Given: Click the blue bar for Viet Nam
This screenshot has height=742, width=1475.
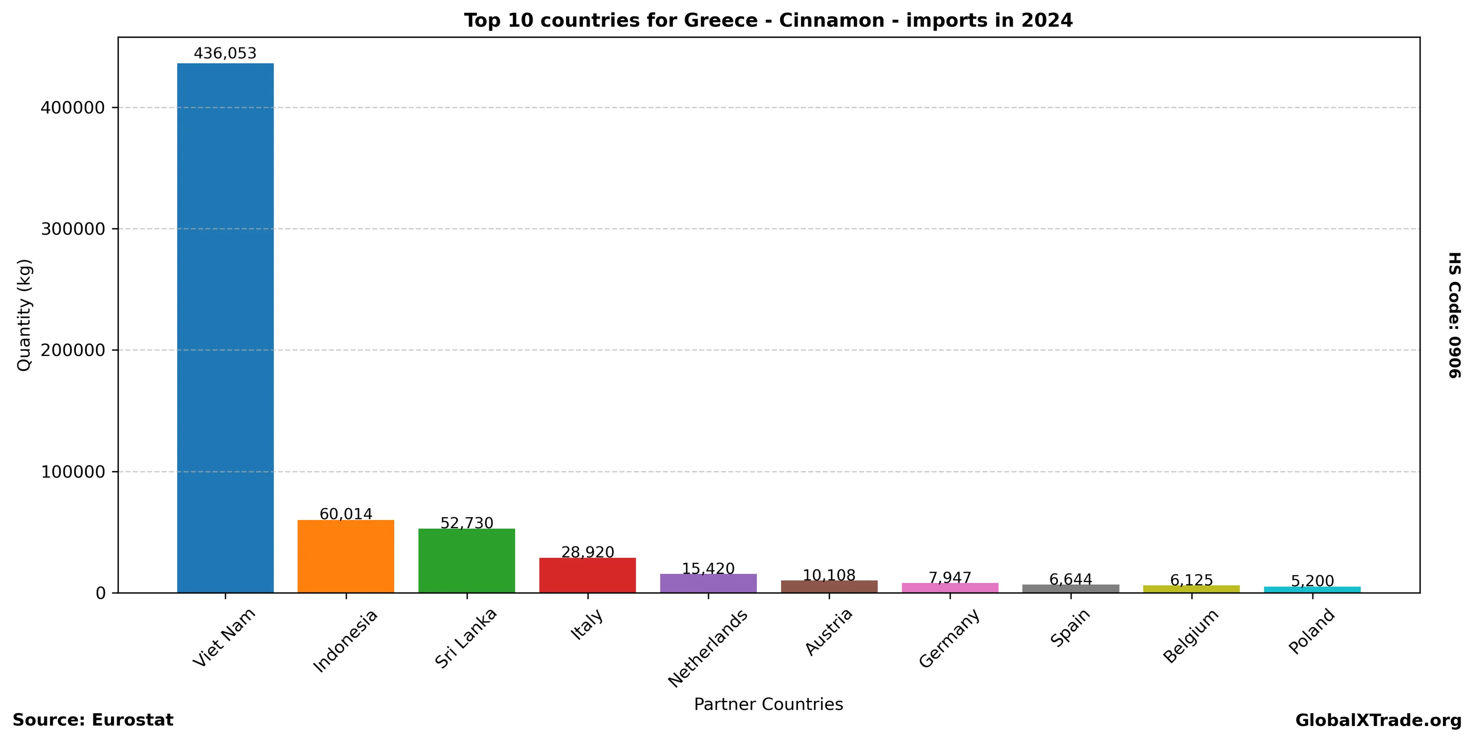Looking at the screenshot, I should pyautogui.click(x=225, y=328).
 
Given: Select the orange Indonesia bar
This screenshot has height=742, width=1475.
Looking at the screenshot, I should pyautogui.click(x=346, y=556).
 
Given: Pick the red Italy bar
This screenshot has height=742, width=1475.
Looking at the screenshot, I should pyautogui.click(x=587, y=575).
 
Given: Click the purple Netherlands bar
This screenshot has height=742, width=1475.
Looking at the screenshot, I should pyautogui.click(x=708, y=583).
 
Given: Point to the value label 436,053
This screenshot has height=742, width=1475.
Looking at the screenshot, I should pyautogui.click(x=225, y=54).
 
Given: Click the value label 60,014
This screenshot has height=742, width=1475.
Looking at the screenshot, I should pyautogui.click(x=346, y=514).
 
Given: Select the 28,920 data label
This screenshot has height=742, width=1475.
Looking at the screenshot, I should pyautogui.click(x=587, y=552).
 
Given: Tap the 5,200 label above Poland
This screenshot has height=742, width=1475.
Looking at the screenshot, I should pyautogui.click(x=1312, y=581).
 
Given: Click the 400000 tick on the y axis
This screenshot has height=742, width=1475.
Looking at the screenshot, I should pyautogui.click(x=73, y=108).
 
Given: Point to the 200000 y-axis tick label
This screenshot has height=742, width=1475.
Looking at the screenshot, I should pyautogui.click(x=73, y=350).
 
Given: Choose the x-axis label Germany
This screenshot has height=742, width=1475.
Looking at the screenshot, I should pyautogui.click(x=949, y=638).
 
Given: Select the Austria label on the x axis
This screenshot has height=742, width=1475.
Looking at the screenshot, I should pyautogui.click(x=829, y=631).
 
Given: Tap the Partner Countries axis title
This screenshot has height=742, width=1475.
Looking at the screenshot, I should pyautogui.click(x=768, y=704).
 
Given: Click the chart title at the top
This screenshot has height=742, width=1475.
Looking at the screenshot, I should pyautogui.click(x=768, y=21).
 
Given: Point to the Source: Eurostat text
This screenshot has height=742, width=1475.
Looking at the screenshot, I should pyautogui.click(x=93, y=720).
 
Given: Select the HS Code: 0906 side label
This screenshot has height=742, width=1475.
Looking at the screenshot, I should pyautogui.click(x=1454, y=315).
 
